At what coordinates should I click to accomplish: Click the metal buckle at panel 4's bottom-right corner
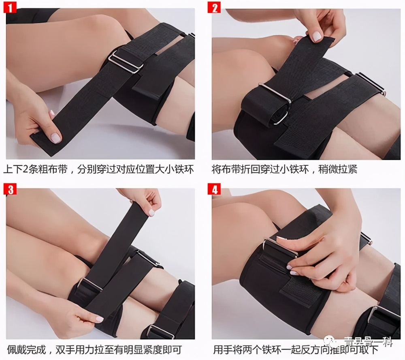(382, 316)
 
